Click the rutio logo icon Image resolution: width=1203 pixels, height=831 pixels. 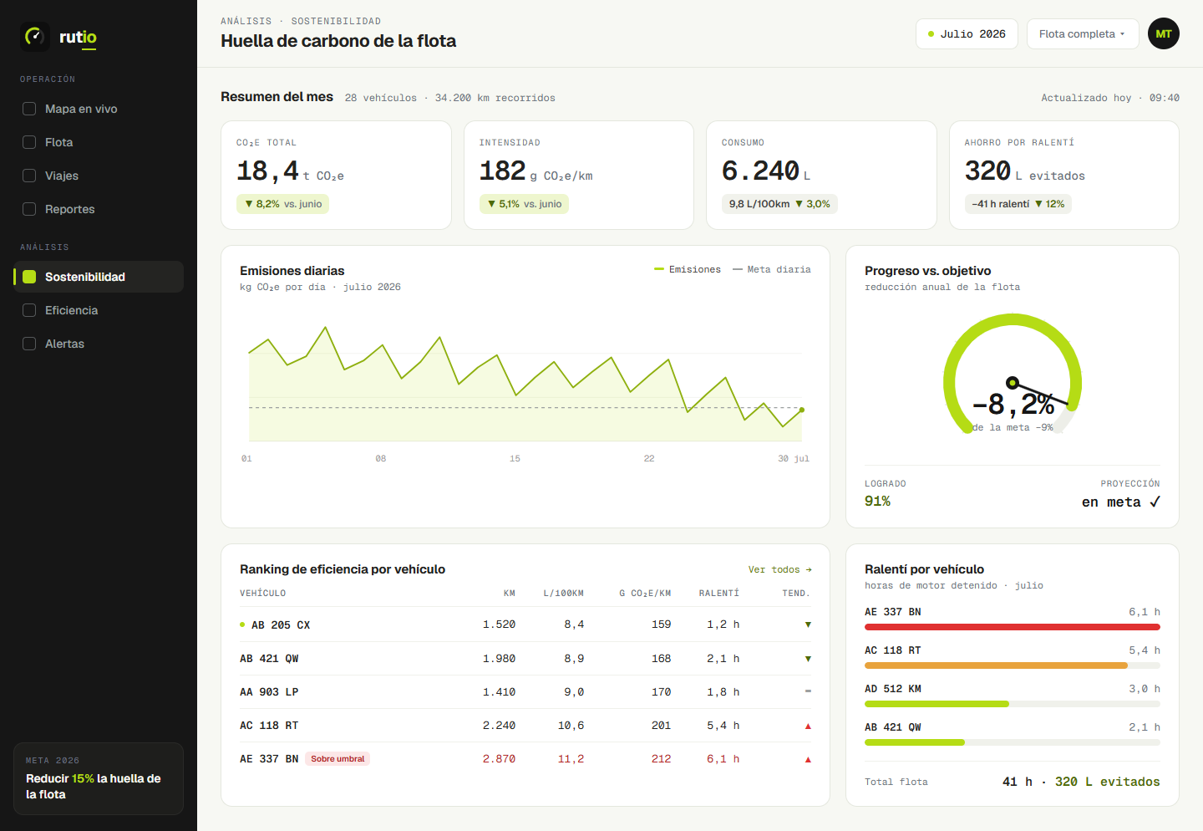click(35, 37)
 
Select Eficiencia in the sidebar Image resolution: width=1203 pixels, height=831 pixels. click(70, 310)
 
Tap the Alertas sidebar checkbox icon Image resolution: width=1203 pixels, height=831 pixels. click(29, 344)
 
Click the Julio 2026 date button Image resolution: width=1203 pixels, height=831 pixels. click(967, 34)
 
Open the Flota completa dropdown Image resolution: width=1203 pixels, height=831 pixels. click(1083, 34)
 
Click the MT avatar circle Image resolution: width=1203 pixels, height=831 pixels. click(1163, 34)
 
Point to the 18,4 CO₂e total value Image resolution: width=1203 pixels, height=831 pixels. click(267, 171)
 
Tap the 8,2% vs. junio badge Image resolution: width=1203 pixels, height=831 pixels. click(282, 204)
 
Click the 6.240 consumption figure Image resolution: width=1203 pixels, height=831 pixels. click(760, 171)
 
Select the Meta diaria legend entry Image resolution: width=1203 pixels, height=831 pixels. click(772, 269)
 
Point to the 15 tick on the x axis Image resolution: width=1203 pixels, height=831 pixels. click(515, 458)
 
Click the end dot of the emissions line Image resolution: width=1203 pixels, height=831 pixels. click(802, 410)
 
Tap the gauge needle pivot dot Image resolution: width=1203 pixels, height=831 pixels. click(1013, 383)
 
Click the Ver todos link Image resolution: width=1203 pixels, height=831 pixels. click(779, 569)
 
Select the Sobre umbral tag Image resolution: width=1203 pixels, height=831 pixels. click(338, 758)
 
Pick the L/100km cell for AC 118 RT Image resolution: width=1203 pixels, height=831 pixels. click(571, 725)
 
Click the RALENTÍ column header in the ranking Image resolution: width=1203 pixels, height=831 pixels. click(718, 593)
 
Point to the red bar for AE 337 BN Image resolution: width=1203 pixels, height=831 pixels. click(1013, 627)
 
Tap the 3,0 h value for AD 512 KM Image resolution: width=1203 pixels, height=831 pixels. click(1144, 689)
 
